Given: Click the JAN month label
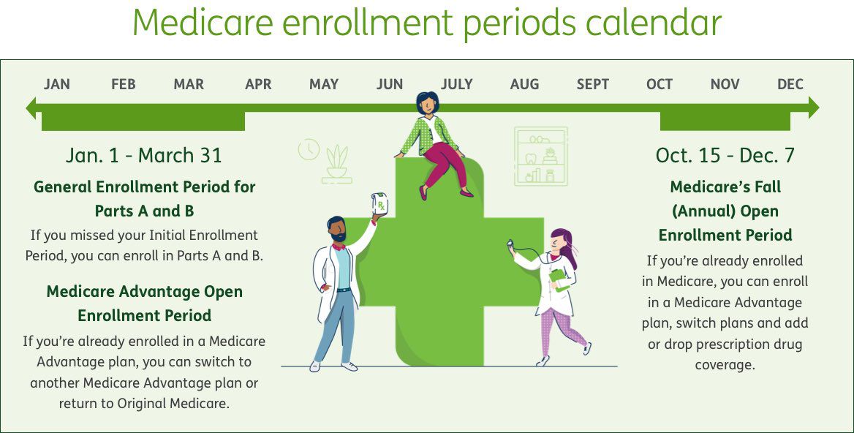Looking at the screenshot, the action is coord(56,84).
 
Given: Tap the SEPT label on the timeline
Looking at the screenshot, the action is coord(592,84).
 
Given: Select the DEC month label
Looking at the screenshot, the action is coord(790,84).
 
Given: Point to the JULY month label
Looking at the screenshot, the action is coord(456,84).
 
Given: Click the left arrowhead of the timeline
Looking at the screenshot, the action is coord(31,108).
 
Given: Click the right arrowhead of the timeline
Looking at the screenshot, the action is coord(813,108).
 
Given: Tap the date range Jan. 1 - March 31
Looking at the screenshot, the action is coord(144,155).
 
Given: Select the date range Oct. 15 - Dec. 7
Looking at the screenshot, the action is coord(725,155).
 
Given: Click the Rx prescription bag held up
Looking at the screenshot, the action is coord(379,204).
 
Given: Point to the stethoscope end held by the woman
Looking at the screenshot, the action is coord(510,244).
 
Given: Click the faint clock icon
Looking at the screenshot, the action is coord(309,149).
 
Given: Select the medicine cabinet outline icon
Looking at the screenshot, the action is coord(541,157).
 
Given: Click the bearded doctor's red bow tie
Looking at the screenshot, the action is coord(339,246).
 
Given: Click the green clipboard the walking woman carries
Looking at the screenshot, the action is coord(559,279).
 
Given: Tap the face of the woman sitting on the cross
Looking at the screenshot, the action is coord(428,103).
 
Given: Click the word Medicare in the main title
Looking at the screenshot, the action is coord(203,23).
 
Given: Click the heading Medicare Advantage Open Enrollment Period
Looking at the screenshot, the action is coord(144,304).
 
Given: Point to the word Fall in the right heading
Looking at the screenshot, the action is coord(767,187).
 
